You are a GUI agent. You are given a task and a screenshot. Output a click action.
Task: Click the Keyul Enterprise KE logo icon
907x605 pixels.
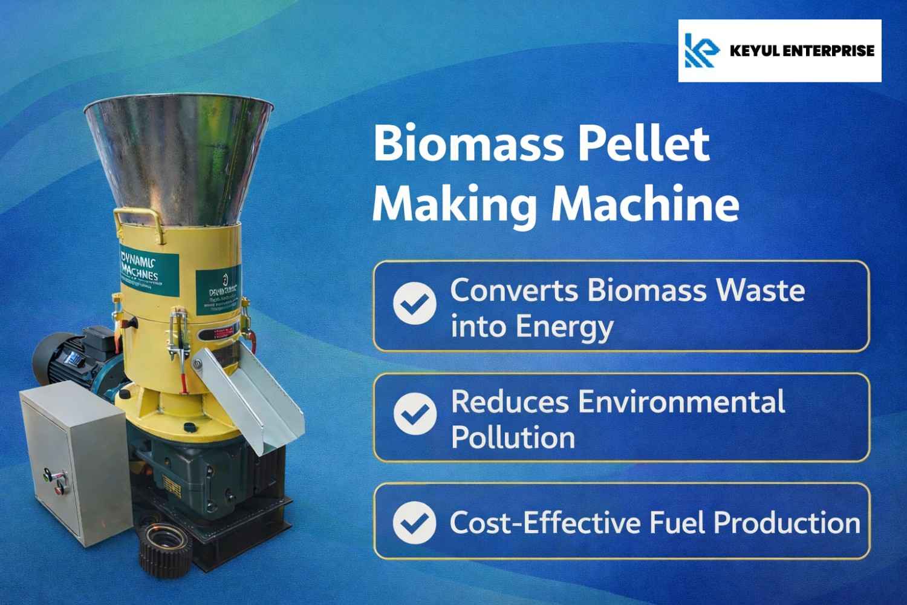pyautogui.click(x=701, y=50)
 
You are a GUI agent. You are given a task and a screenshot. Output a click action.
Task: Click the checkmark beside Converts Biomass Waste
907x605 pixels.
pyautogui.click(x=415, y=304)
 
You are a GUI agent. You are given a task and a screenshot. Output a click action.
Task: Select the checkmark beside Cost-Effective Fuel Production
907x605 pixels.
pyautogui.click(x=415, y=522)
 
